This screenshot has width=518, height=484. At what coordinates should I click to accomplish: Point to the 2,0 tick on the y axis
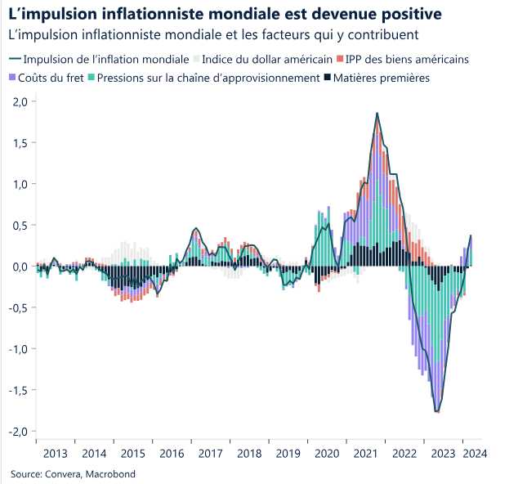20,101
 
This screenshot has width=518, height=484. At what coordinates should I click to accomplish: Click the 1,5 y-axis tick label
20,143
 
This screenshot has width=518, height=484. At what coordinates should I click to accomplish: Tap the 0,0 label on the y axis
20,267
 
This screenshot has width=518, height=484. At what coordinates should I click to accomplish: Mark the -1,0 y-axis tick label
19,349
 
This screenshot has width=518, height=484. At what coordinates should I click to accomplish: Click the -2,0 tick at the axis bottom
19,431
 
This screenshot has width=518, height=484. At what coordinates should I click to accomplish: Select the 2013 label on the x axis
56,453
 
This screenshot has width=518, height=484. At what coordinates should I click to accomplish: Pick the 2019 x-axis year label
288,453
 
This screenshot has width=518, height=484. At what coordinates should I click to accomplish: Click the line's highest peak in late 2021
377,113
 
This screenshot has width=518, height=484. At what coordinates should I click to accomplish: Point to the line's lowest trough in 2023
437,411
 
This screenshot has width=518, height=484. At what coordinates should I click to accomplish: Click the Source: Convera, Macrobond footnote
73,473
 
